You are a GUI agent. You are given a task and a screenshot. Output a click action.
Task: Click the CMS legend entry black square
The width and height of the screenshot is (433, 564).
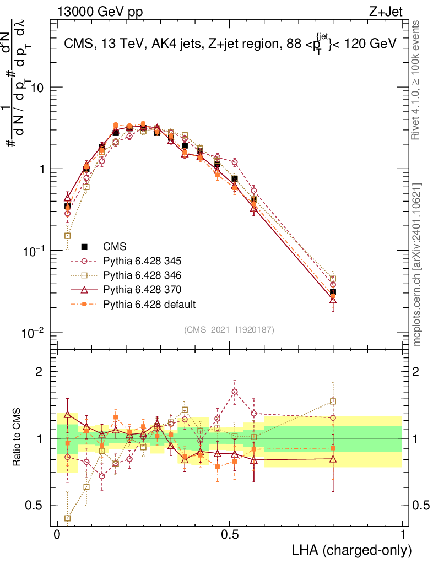[x=84, y=246]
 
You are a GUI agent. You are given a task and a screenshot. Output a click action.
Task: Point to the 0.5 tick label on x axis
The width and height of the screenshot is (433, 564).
[x=230, y=535]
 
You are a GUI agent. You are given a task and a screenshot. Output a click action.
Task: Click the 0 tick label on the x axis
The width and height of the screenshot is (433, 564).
[x=57, y=535]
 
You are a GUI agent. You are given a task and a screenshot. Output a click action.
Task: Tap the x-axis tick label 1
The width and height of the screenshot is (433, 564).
[x=403, y=535]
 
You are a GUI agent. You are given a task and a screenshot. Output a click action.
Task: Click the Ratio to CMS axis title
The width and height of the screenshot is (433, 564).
[x=17, y=438]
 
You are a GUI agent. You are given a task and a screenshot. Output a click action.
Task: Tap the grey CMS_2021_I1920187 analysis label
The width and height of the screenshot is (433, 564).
[x=229, y=329]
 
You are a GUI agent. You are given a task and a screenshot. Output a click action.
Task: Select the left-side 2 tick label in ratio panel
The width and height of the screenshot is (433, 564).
[x=39, y=372]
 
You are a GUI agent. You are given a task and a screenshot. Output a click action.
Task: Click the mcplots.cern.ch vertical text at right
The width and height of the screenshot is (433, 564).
[x=418, y=264]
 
